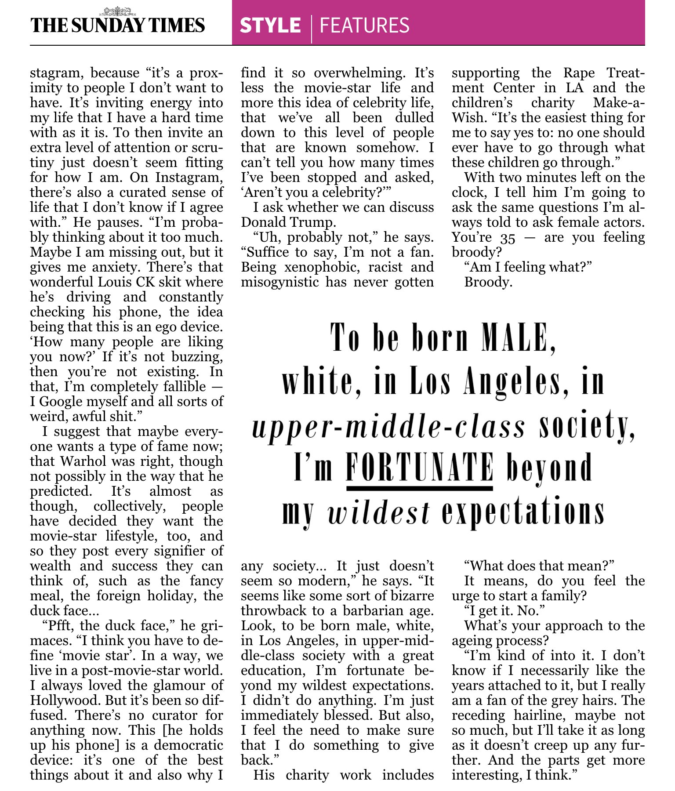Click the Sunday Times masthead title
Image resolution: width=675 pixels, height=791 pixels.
pyautogui.click(x=117, y=26)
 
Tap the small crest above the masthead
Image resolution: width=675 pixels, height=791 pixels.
pyautogui.click(x=117, y=11)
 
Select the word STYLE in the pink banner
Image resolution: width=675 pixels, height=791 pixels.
pyautogui.click(x=270, y=25)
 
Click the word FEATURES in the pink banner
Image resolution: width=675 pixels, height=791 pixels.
pyautogui.click(x=364, y=25)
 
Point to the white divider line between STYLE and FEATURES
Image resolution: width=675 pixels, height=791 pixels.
pyautogui.click(x=312, y=29)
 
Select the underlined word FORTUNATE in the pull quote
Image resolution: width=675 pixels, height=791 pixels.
pyautogui.click(x=419, y=467)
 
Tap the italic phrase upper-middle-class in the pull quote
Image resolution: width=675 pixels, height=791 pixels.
pyautogui.click(x=388, y=427)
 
